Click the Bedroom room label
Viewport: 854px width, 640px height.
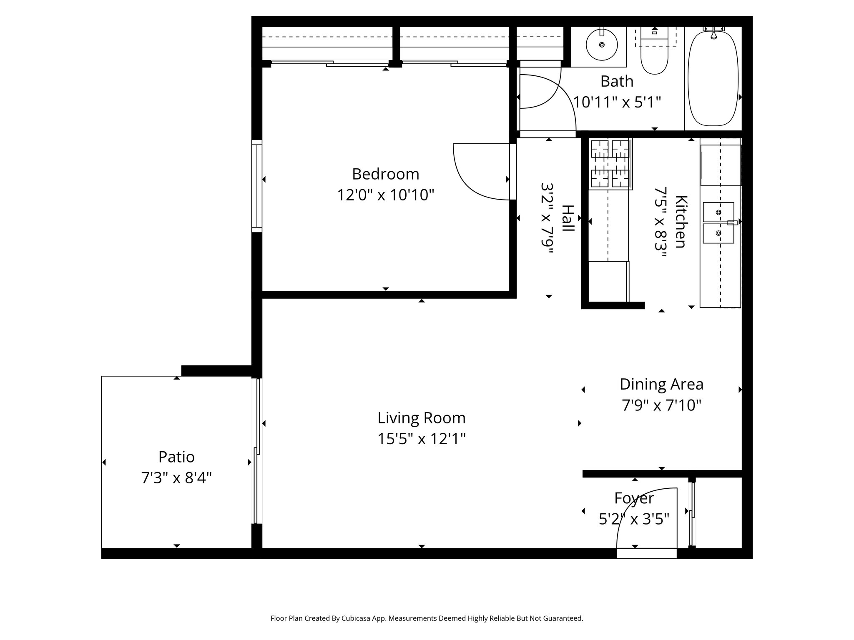point(385,174)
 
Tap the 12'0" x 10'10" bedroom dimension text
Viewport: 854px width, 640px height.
point(385,195)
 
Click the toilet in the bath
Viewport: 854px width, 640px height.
point(654,58)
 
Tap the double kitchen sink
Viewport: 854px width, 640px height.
point(718,222)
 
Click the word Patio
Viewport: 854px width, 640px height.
point(176,457)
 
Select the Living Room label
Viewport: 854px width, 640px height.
point(421,418)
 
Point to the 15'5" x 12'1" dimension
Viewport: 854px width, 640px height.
point(421,439)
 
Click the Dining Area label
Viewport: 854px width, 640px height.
point(661,384)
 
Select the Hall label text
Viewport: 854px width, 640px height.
point(568,218)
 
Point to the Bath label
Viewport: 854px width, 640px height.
point(616,81)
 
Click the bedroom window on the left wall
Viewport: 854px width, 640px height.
point(257,185)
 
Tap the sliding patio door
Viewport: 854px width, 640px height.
point(258,450)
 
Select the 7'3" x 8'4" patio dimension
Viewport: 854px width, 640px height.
point(176,478)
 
